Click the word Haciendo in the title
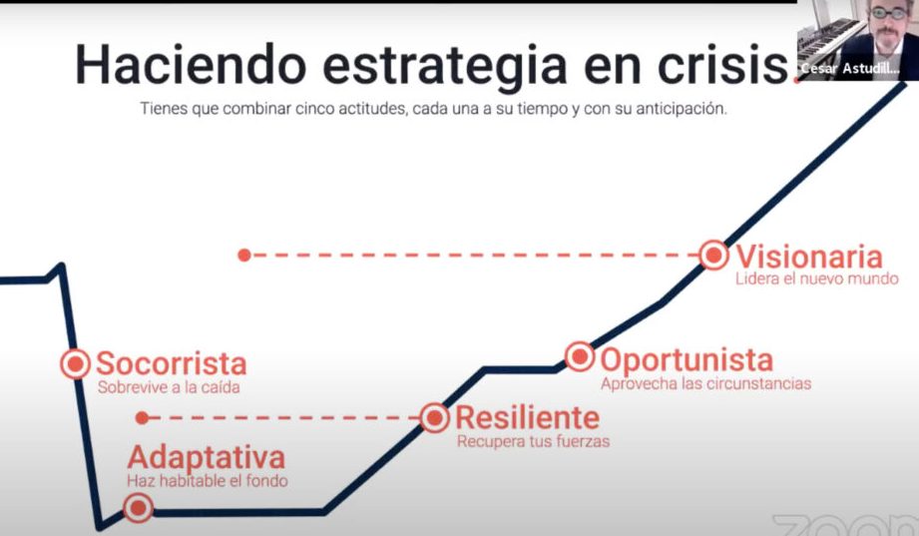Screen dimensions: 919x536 (x=191, y=64)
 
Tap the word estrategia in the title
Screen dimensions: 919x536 (x=445, y=66)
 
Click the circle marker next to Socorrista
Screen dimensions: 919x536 (x=75, y=363)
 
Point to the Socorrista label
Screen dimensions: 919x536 (x=172, y=363)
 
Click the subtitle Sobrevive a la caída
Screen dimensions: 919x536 (x=169, y=387)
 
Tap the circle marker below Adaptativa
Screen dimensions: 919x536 (x=139, y=508)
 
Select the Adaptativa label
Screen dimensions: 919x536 (x=207, y=458)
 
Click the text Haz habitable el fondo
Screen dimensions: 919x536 (x=208, y=481)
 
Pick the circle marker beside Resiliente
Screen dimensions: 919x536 (x=435, y=418)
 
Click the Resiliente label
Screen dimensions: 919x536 (x=528, y=418)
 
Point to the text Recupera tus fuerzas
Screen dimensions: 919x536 (x=534, y=441)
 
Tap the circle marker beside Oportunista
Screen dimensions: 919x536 (x=580, y=356)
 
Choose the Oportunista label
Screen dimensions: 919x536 (x=687, y=360)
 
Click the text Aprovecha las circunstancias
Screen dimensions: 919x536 (x=706, y=383)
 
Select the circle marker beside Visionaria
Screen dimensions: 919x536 (x=713, y=256)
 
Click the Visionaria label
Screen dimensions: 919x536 (x=809, y=257)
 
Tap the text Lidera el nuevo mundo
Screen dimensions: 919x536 (x=817, y=278)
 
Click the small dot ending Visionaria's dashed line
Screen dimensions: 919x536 (x=244, y=256)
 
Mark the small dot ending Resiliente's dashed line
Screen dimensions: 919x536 (x=142, y=418)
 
